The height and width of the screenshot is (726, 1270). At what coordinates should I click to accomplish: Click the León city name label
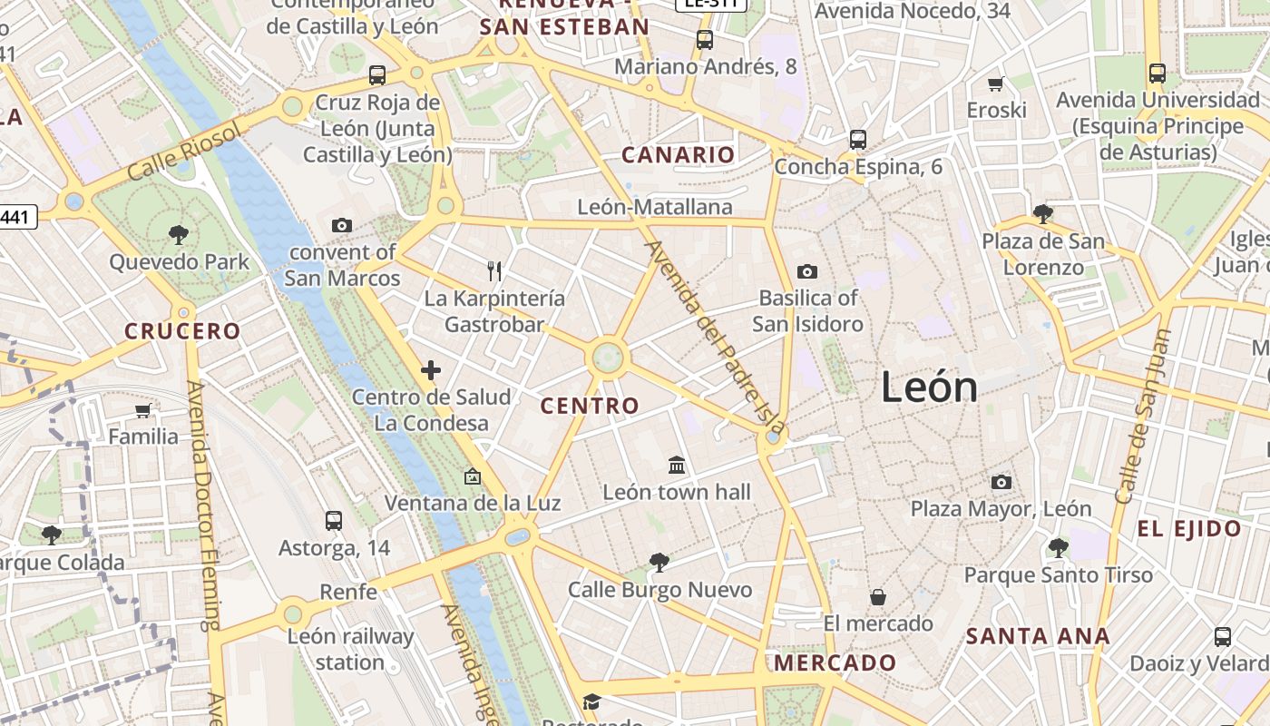coord(930,388)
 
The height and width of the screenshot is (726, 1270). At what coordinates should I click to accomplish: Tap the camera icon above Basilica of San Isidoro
coord(806,271)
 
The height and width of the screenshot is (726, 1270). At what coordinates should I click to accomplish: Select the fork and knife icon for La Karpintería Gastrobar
coord(494,270)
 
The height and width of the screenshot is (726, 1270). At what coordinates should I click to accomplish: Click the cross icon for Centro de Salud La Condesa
coord(431,370)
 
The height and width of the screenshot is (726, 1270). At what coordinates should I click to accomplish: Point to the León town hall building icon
coord(677,466)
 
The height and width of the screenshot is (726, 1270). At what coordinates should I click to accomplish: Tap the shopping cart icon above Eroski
coord(995,84)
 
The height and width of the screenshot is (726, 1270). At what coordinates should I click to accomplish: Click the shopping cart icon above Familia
coord(142,411)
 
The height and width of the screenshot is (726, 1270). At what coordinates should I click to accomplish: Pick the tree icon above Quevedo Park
coord(179,235)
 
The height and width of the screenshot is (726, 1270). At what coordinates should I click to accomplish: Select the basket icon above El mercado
coord(877,597)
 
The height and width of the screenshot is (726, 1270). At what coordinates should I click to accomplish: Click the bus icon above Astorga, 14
coord(334,521)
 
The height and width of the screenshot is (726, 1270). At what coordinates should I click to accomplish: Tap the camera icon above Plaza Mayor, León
coord(1001,482)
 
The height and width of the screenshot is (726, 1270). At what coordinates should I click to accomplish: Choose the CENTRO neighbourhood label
coord(590,406)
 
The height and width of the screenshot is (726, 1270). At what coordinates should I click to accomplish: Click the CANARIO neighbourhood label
coord(678,155)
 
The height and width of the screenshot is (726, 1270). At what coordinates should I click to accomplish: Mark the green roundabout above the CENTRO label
coord(608,358)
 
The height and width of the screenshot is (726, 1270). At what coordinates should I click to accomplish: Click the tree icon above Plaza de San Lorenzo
coord(1043,214)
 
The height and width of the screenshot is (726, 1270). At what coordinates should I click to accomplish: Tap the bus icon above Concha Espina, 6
coord(857,140)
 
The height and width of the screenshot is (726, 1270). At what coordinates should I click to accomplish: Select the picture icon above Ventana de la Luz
coord(472,476)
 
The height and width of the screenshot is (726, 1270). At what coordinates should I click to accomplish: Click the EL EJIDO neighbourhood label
coord(1189,529)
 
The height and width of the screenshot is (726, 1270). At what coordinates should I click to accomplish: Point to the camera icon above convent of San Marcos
coord(342,225)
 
